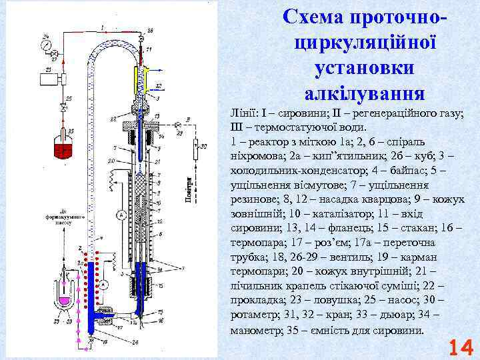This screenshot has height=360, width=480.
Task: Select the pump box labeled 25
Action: click(x=49, y=79)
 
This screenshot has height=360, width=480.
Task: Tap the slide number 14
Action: click(x=461, y=348)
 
